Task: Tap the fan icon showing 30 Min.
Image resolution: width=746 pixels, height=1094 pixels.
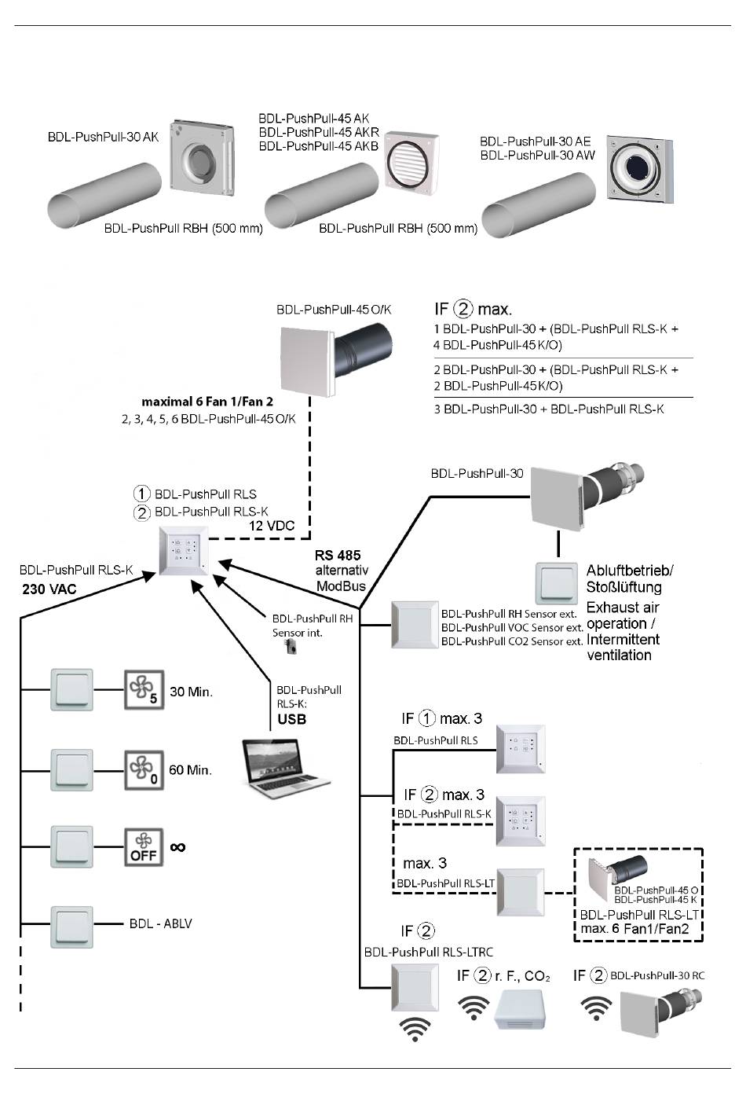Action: pyautogui.click(x=144, y=690)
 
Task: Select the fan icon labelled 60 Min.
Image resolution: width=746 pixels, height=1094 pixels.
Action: pyautogui.click(x=144, y=769)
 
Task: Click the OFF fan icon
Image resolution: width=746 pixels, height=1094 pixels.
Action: pyautogui.click(x=144, y=846)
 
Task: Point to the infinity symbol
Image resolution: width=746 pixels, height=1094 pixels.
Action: pyautogui.click(x=178, y=846)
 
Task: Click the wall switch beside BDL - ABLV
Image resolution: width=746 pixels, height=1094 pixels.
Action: pyautogui.click(x=72, y=925)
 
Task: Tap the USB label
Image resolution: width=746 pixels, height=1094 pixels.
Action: pyautogui.click(x=291, y=719)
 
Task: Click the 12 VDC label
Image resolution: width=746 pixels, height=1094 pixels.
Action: pyautogui.click(x=272, y=525)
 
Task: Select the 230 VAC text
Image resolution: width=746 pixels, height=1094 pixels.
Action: pyautogui.click(x=49, y=588)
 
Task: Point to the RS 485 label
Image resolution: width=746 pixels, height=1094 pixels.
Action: pyautogui.click(x=338, y=556)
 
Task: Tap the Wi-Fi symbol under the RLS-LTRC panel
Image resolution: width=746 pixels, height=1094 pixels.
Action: pyautogui.click(x=415, y=1028)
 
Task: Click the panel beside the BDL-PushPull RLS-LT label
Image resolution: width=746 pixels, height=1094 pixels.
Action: pyautogui.click(x=521, y=892)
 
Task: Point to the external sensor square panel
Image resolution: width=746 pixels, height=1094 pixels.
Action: pyautogui.click(x=415, y=626)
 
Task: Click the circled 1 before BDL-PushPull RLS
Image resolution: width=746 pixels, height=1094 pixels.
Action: pyautogui.click(x=142, y=494)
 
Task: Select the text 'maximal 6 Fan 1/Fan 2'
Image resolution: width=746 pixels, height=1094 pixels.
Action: pyautogui.click(x=207, y=402)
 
